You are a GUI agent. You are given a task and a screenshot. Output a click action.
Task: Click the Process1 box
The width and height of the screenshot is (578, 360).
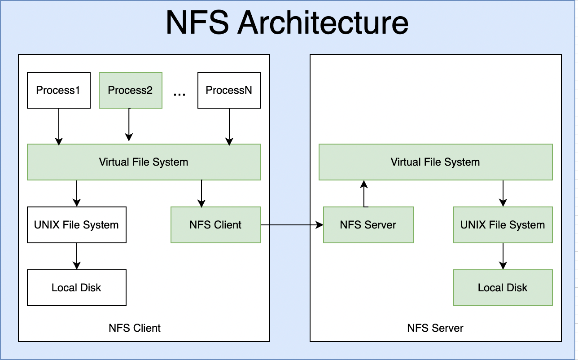click(58, 90)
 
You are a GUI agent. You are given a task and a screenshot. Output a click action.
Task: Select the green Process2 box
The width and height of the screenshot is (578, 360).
click(130, 90)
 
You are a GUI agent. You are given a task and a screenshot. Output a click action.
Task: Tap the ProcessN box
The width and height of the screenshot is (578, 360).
click(229, 90)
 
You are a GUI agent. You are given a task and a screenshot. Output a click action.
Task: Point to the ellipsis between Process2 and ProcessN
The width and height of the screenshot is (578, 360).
click(180, 93)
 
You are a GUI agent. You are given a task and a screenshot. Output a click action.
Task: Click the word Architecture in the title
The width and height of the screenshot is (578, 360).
click(323, 22)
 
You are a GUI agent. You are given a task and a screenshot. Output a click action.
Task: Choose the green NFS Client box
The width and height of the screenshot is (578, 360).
click(215, 225)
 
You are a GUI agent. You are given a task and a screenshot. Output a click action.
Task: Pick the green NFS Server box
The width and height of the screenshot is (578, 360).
click(368, 225)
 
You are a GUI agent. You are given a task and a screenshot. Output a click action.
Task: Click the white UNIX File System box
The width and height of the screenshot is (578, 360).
click(76, 225)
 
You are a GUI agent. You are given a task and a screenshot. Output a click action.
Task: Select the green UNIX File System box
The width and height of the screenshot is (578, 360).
click(503, 225)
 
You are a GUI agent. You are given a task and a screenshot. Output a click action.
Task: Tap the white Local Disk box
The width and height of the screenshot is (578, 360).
click(76, 288)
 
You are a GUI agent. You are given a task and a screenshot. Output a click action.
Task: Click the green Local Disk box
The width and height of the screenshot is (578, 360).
click(503, 288)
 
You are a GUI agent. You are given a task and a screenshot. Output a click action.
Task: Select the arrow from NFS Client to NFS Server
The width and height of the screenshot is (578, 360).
click(292, 225)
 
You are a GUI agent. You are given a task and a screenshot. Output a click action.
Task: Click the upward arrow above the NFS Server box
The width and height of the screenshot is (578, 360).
click(364, 193)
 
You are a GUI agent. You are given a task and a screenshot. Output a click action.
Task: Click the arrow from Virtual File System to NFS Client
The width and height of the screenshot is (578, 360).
click(201, 193)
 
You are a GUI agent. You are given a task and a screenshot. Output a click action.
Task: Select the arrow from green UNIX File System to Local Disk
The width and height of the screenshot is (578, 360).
click(503, 256)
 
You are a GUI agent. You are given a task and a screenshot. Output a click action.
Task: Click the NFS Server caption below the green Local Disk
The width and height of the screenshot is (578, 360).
click(435, 328)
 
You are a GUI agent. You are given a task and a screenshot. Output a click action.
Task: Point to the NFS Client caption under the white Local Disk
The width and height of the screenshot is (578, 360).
click(135, 328)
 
